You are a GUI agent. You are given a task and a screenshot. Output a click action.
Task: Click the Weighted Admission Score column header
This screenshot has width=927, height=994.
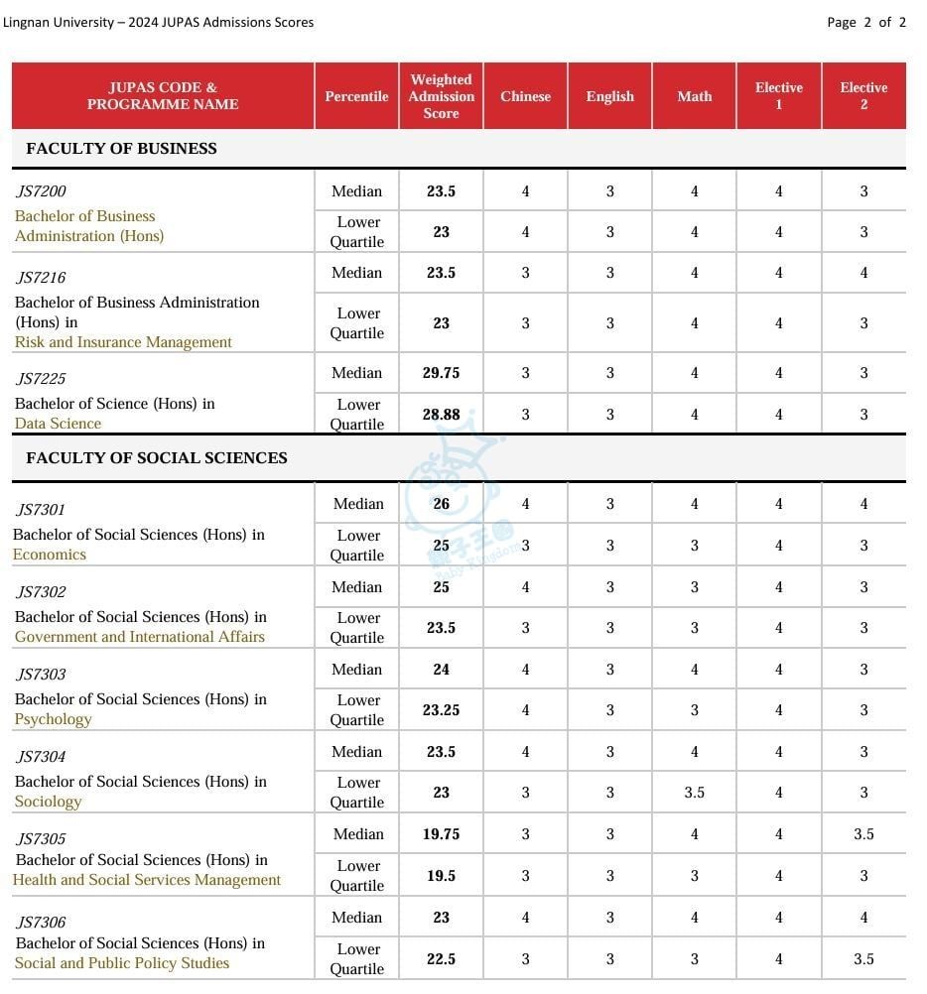pyautogui.click(x=441, y=96)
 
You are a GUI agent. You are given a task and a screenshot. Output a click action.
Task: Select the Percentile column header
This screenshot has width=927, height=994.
pyautogui.click(x=356, y=96)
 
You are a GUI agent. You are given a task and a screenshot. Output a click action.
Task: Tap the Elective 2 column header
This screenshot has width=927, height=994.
pyautogui.click(x=862, y=96)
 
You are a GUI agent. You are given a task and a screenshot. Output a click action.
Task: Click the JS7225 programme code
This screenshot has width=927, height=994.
pyautogui.click(x=41, y=378)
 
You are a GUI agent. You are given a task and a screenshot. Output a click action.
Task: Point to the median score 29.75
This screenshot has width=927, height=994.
pyautogui.click(x=441, y=373)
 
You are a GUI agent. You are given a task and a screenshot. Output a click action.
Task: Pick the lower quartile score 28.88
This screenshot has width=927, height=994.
pyautogui.click(x=441, y=415)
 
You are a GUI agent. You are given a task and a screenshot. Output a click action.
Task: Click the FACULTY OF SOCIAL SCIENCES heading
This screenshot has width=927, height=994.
pyautogui.click(x=157, y=458)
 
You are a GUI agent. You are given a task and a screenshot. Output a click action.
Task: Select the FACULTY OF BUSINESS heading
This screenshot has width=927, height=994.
pyautogui.click(x=121, y=149)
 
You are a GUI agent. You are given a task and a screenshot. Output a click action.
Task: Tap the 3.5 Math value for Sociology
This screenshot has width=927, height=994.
pyautogui.click(x=694, y=793)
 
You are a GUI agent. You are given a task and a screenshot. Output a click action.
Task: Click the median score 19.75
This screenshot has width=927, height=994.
pyautogui.click(x=441, y=834)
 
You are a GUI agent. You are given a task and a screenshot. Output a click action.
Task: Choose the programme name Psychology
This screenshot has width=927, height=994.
pyautogui.click(x=53, y=719)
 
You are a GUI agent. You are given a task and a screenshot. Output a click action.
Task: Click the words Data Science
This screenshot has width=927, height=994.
pyautogui.click(x=58, y=424)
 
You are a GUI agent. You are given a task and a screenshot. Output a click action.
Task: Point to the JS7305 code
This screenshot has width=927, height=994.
pyautogui.click(x=41, y=839)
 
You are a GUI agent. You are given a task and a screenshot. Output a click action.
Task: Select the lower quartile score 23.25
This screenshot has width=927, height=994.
pyautogui.click(x=441, y=710)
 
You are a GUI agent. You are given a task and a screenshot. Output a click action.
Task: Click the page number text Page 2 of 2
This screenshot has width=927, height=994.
pyautogui.click(x=865, y=22)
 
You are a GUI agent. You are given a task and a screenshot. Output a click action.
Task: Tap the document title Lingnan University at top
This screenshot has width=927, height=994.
pyautogui.click(x=158, y=22)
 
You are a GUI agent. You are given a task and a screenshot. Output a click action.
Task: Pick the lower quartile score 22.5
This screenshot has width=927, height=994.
pyautogui.click(x=441, y=959)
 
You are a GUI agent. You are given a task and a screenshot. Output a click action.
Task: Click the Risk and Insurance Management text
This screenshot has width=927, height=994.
pyautogui.click(x=123, y=342)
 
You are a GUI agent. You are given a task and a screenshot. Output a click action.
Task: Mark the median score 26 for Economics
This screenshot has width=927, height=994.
pyautogui.click(x=441, y=504)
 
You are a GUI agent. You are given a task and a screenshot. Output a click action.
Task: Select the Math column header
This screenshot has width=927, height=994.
pyautogui.click(x=694, y=96)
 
